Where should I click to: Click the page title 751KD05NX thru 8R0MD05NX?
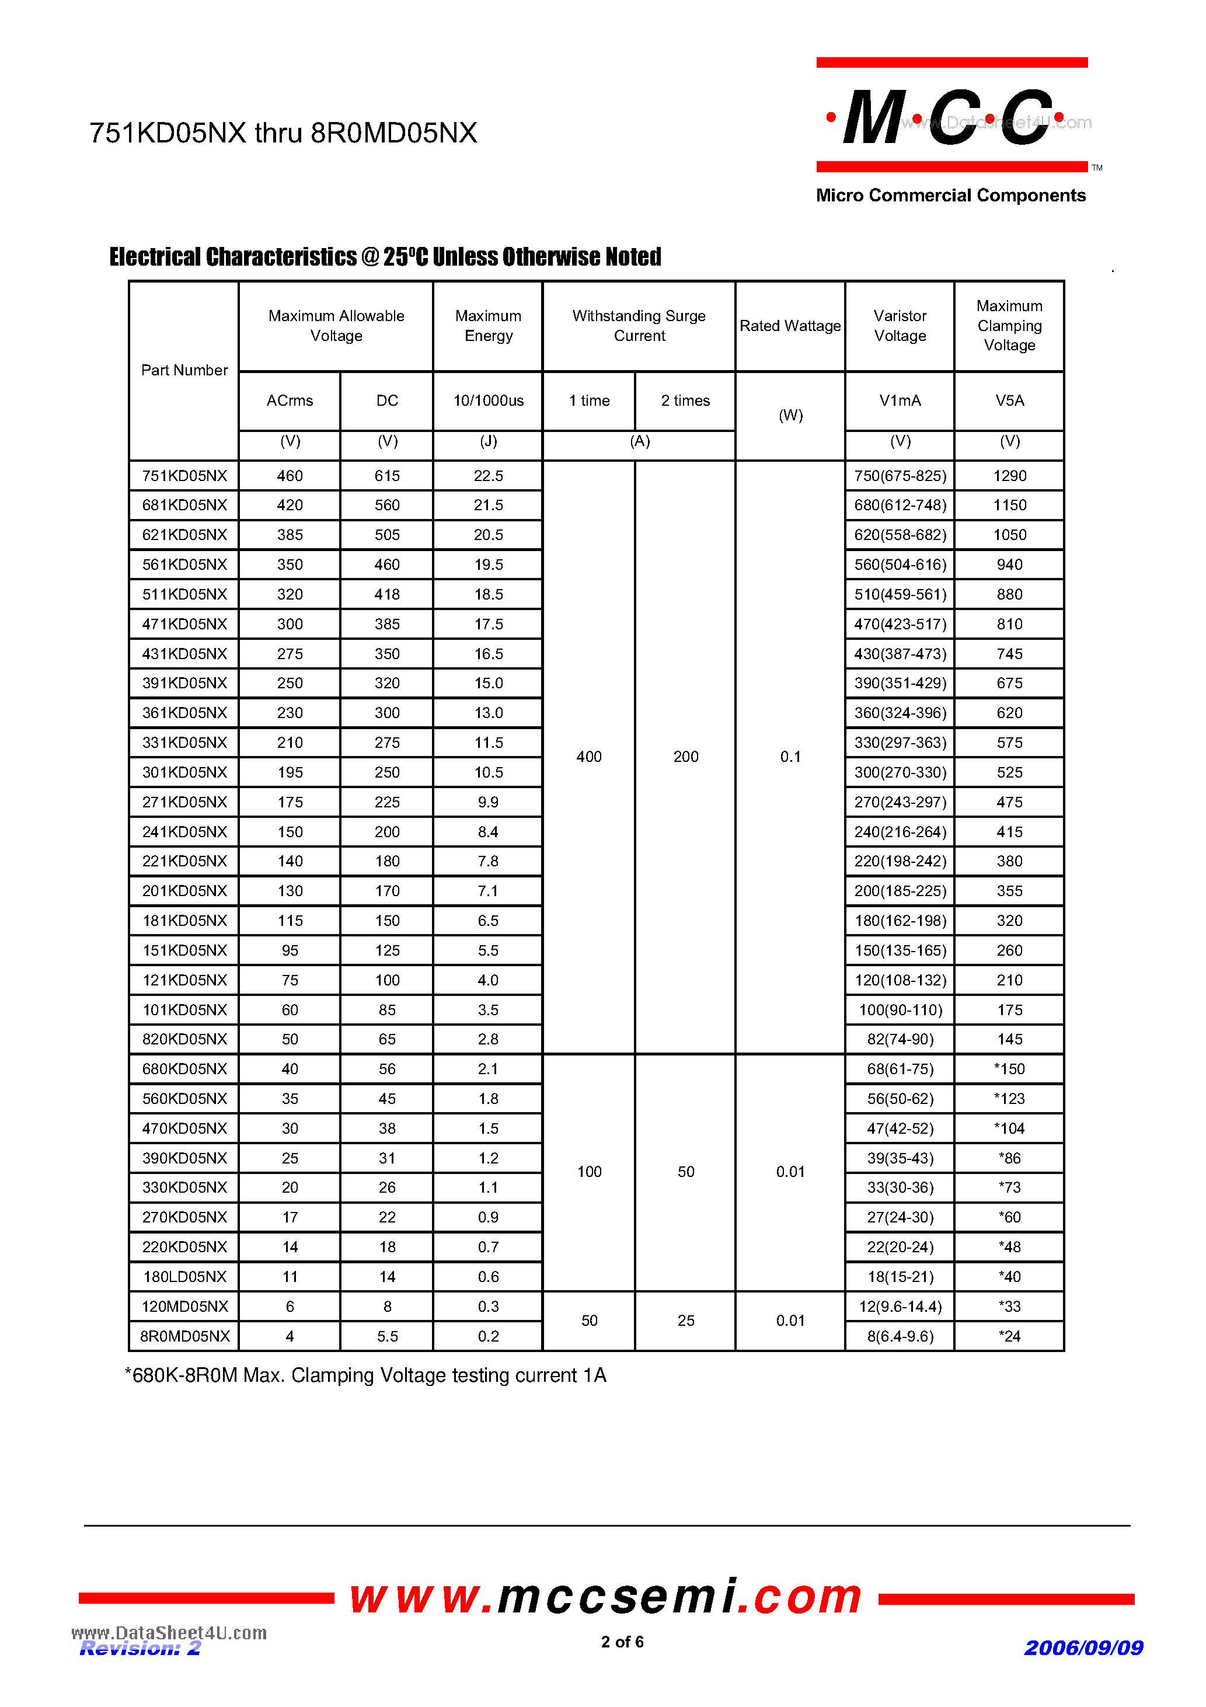click(x=283, y=133)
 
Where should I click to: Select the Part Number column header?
click(x=184, y=370)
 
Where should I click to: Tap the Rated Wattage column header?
click(x=790, y=326)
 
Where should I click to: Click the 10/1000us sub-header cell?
click(x=488, y=400)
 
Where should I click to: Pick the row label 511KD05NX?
click(x=184, y=594)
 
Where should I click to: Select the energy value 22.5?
click(x=488, y=476)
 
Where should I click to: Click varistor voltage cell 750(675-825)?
click(x=900, y=476)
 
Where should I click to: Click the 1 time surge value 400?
click(x=589, y=757)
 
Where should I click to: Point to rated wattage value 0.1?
click(x=790, y=757)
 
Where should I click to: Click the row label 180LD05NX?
click(x=184, y=1277)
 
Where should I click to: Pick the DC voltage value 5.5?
click(x=386, y=1336)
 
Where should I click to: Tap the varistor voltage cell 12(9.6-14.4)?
click(x=900, y=1307)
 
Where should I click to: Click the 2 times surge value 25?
click(x=685, y=1321)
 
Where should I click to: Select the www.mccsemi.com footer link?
click(x=605, y=1597)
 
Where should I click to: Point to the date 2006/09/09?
click(x=1083, y=1648)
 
